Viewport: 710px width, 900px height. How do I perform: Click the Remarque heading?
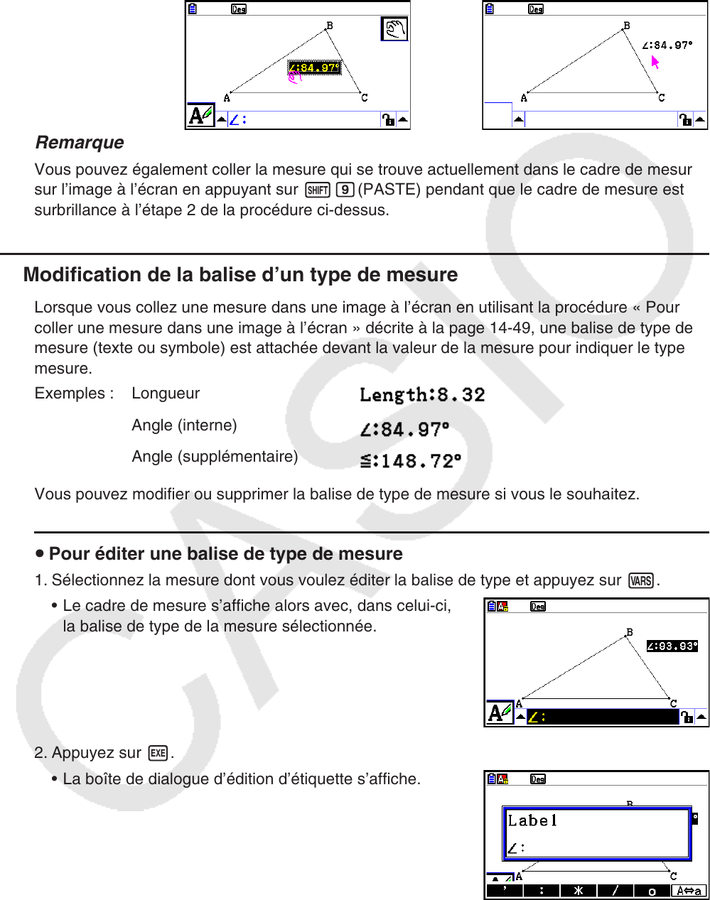[79, 143]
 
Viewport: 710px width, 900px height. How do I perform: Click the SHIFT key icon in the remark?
[317, 190]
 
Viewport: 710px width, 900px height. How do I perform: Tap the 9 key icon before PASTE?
[347, 190]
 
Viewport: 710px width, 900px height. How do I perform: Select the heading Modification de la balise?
[240, 275]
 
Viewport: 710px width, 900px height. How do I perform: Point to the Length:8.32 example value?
[422, 395]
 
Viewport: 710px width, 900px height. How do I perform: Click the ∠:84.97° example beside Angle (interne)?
[404, 429]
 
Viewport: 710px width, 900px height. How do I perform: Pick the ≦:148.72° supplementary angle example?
[411, 461]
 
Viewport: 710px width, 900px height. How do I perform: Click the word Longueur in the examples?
[166, 394]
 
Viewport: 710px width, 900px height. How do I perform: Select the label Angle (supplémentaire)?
[215, 457]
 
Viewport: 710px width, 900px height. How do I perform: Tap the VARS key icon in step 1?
[641, 581]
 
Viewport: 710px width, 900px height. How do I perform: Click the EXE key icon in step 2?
[158, 754]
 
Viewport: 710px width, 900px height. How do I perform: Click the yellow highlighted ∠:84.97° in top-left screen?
[314, 68]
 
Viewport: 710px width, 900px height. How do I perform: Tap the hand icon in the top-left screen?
[394, 30]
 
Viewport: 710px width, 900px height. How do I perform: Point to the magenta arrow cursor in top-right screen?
[655, 63]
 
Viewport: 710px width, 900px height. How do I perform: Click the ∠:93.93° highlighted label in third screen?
[672, 646]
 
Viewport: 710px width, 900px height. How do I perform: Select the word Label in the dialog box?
[532, 821]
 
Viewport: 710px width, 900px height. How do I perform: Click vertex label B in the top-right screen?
[627, 26]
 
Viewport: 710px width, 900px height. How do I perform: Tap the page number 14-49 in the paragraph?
[509, 328]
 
